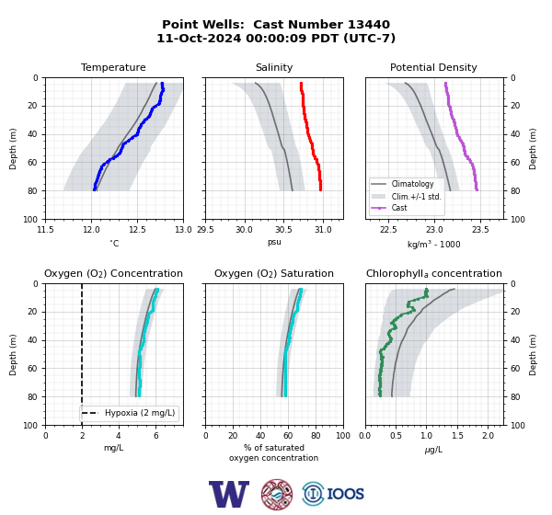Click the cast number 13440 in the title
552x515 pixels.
coord(369,24)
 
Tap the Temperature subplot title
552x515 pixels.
coord(113,67)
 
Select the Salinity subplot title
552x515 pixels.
coord(274,67)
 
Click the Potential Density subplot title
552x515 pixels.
coord(433,67)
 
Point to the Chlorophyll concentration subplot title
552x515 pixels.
coord(434,273)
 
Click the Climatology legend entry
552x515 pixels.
coord(412,184)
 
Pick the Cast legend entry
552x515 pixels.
coord(399,208)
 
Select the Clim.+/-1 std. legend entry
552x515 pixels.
coord(416,197)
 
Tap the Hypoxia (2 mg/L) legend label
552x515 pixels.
coord(140,413)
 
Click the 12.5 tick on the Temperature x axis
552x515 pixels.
coord(137,230)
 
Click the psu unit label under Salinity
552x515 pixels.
coord(274,243)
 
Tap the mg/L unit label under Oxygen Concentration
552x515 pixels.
coord(113,448)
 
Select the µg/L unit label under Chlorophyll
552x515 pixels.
coord(433,450)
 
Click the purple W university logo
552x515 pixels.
coord(229,494)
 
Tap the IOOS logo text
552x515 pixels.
coord(345,494)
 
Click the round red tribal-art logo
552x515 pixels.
coord(277,494)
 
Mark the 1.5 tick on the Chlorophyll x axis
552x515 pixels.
coord(457,436)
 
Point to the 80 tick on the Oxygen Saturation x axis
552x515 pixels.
coord(316,436)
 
